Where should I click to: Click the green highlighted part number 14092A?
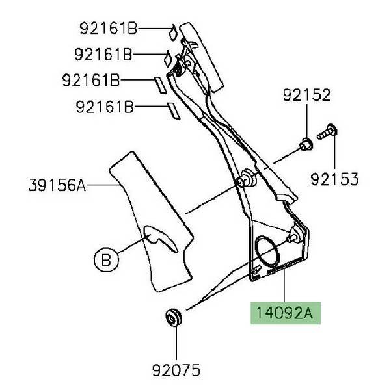tap(285, 313)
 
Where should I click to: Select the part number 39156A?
tap(57, 185)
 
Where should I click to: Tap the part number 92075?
tap(176, 370)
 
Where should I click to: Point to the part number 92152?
tap(307, 95)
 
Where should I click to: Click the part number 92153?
tap(334, 179)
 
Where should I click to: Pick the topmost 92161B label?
tap(109, 29)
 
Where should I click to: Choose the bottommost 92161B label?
tap(105, 107)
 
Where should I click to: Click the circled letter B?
tap(107, 259)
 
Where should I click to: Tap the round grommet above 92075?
tap(174, 317)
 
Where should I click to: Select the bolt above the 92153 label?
tap(327, 132)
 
